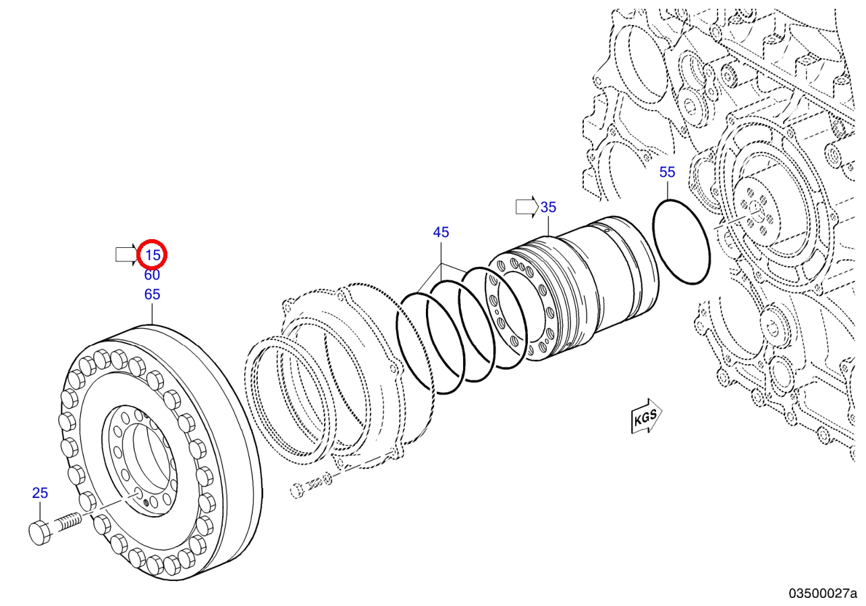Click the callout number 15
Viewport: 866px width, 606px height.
(153, 255)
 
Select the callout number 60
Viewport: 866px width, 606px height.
(152, 275)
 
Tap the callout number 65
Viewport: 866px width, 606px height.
(152, 295)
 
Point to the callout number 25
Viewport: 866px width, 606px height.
(40, 493)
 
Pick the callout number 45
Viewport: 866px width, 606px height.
(441, 232)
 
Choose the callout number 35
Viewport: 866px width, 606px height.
(548, 207)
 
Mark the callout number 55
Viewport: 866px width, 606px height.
(668, 172)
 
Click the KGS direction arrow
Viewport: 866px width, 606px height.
(646, 416)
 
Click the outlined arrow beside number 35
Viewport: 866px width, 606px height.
(527, 207)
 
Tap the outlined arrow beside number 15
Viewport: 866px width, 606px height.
(127, 255)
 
